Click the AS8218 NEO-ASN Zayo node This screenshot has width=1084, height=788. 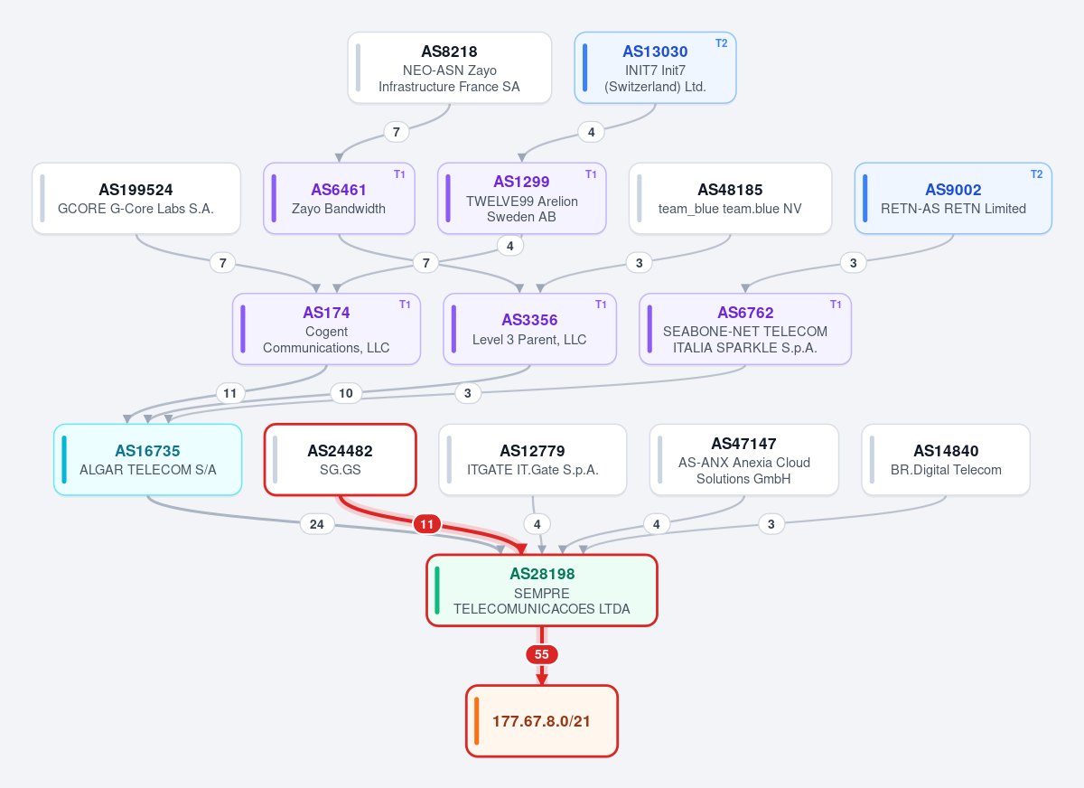click(x=449, y=68)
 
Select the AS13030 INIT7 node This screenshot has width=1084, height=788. click(x=655, y=68)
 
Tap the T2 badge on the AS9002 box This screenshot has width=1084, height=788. click(x=1036, y=174)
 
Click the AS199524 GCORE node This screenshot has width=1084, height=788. click(x=136, y=199)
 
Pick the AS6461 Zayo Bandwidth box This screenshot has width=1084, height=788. click(x=339, y=199)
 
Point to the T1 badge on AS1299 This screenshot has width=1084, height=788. click(x=591, y=174)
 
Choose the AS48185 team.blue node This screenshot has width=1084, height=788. click(x=730, y=199)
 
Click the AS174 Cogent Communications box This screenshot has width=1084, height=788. click(x=326, y=329)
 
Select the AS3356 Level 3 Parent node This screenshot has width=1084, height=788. click(x=529, y=329)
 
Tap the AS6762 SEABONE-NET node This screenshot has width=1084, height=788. click(x=744, y=329)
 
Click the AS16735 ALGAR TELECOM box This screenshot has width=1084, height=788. click(x=147, y=460)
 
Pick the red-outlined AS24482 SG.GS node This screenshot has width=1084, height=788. click(x=341, y=460)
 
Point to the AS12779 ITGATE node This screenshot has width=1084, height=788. click(x=532, y=460)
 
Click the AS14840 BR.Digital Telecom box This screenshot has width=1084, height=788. click(x=946, y=460)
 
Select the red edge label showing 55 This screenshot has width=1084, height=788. click(x=541, y=654)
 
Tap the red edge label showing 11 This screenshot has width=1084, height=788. click(x=426, y=524)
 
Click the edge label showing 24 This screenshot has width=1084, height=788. click(x=317, y=524)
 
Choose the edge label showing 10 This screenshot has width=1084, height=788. click(x=345, y=393)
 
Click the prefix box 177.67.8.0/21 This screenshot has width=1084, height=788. click(x=541, y=721)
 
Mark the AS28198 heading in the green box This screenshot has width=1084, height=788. click(x=542, y=574)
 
